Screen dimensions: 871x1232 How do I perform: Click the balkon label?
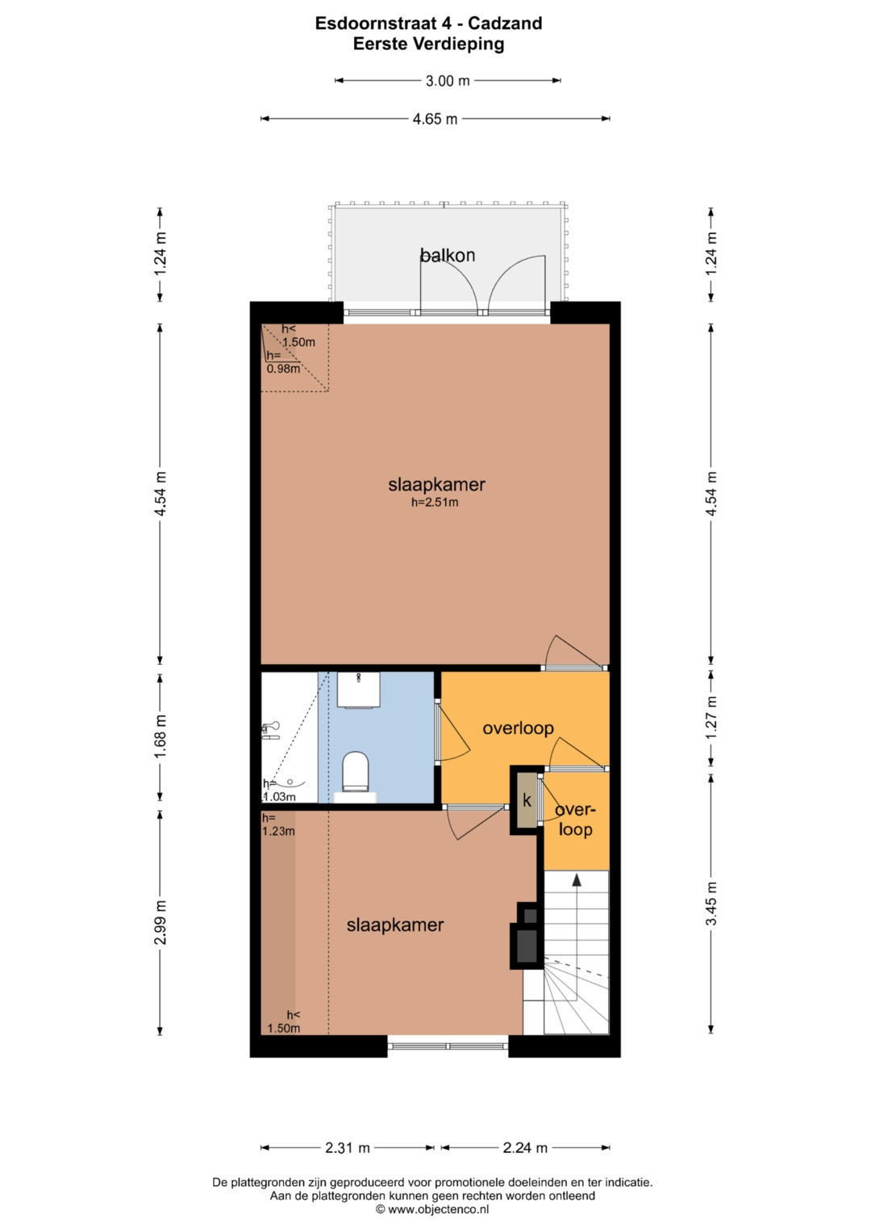coord(447,255)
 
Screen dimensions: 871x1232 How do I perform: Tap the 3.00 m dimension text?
coord(448,81)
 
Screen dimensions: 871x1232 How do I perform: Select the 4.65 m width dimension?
coord(435,119)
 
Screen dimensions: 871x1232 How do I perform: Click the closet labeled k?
coord(527,801)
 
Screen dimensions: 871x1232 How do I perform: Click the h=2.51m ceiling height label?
coord(435,502)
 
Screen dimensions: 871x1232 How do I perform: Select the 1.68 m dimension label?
coord(160,737)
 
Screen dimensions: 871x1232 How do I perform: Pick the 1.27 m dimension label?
coord(711,718)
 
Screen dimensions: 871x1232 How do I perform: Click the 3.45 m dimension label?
coord(711,904)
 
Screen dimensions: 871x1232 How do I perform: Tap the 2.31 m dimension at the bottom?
coord(347,1147)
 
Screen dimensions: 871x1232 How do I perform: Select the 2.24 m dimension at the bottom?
coord(525,1147)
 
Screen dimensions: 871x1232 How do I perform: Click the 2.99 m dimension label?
coord(160,923)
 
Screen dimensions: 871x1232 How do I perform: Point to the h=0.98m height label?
coord(283,362)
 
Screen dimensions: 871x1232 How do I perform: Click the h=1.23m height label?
coord(278,825)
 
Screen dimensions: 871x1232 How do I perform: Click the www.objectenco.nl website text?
coord(438,1209)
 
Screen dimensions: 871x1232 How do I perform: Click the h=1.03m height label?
coord(279,791)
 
